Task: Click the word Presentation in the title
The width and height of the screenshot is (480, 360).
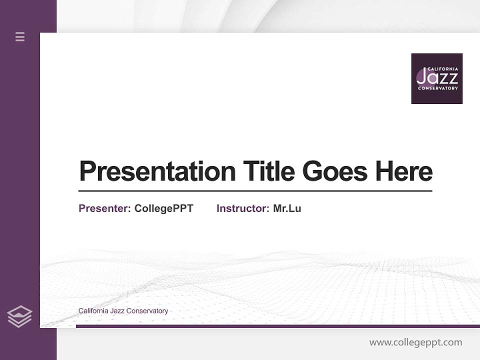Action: pos(157,171)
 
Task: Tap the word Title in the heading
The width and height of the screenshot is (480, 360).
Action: pos(268,171)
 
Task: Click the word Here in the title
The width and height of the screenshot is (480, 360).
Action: pos(404,171)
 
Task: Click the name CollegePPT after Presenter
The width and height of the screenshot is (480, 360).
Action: pos(163,208)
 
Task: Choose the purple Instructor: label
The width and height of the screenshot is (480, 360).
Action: pos(242,208)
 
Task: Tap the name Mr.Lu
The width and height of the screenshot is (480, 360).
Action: pos(287,208)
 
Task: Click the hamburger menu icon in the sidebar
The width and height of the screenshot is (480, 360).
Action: pos(20,36)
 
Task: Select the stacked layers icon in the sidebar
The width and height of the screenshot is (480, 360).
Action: pos(19,316)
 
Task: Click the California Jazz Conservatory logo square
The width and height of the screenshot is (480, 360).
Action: pos(436,78)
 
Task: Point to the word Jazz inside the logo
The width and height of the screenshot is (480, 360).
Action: pos(437,77)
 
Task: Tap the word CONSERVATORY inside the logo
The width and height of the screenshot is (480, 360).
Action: pos(437,88)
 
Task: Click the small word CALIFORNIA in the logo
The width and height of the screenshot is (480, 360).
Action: pos(442,69)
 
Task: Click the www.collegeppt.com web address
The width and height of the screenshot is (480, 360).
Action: pos(415,342)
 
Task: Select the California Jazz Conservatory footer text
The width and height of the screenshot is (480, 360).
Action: pos(123,311)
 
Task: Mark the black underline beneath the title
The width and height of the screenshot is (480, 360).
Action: pos(255,191)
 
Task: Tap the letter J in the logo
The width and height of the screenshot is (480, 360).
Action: pos(421,77)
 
